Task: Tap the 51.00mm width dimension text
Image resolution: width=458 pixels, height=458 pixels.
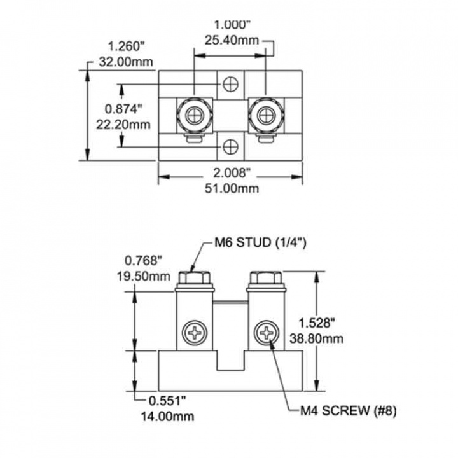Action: click(232, 188)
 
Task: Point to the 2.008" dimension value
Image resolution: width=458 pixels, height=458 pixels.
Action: click(232, 174)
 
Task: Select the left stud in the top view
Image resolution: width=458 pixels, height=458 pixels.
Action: click(193, 114)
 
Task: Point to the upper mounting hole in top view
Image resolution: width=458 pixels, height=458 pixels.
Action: click(230, 84)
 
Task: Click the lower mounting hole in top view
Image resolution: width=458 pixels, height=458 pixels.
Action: click(230, 147)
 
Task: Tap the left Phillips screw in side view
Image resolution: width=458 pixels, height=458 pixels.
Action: click(193, 333)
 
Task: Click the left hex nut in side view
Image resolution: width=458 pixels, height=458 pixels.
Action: click(193, 278)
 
